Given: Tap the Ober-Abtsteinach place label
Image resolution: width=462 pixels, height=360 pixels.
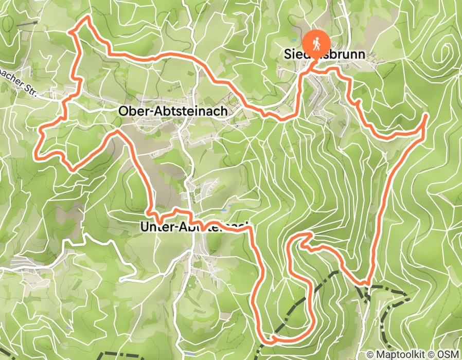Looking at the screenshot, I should [172, 111].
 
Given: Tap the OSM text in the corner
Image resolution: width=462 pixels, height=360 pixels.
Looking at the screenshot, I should [448, 354].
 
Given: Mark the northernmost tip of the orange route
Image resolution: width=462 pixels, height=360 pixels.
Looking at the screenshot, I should [88, 17].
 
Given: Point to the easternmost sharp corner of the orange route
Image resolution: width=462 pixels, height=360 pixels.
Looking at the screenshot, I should [427, 116].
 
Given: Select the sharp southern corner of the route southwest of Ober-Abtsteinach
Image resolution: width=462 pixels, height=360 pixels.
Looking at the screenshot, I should [73, 169].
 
